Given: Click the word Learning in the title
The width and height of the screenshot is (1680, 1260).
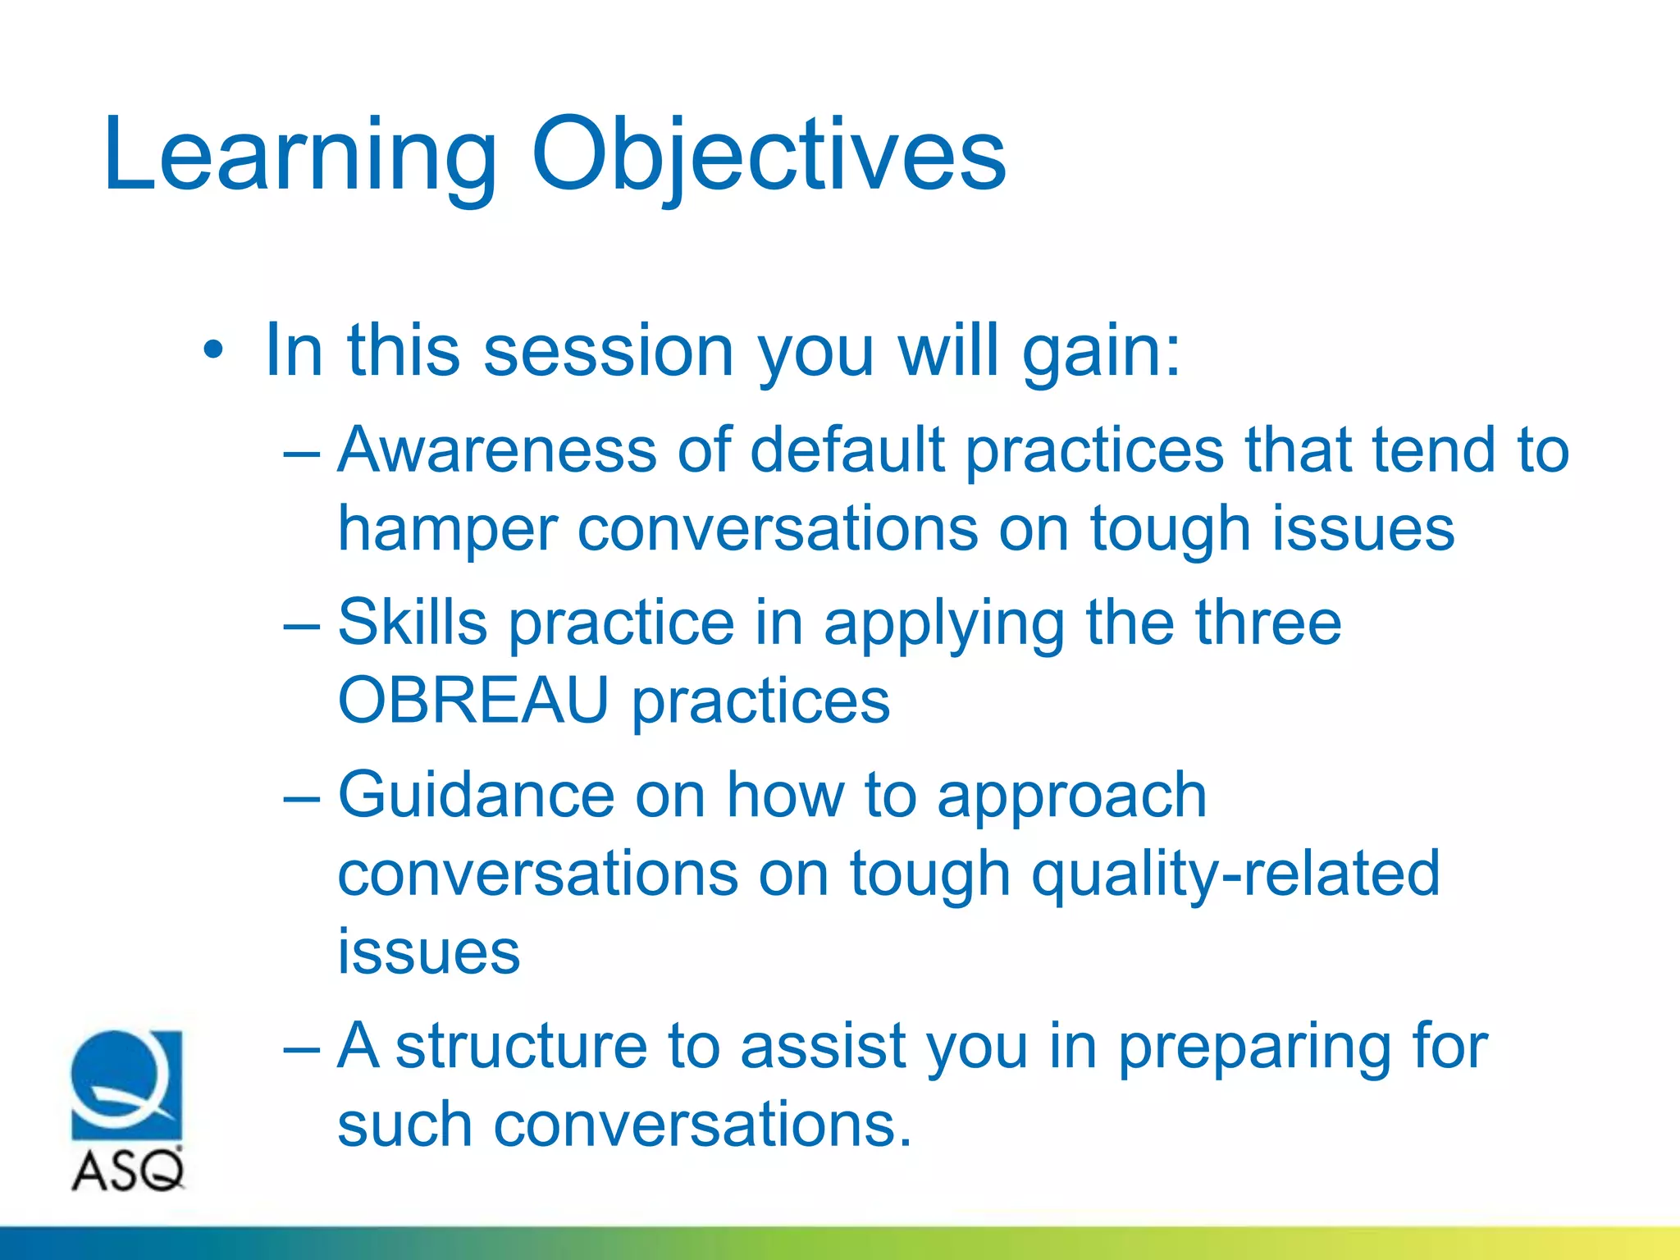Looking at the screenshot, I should [x=299, y=156].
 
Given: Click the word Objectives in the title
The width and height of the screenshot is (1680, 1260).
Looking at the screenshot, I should [x=769, y=156].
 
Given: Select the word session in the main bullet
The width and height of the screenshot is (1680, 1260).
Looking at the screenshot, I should [x=608, y=351].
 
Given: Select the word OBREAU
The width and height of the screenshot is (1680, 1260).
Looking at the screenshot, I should [x=473, y=701].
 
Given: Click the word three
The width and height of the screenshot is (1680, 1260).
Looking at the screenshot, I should [x=1267, y=623].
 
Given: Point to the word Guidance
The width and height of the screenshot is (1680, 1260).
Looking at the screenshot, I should [x=476, y=795].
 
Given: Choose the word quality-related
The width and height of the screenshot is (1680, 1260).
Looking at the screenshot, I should [x=1235, y=874].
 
